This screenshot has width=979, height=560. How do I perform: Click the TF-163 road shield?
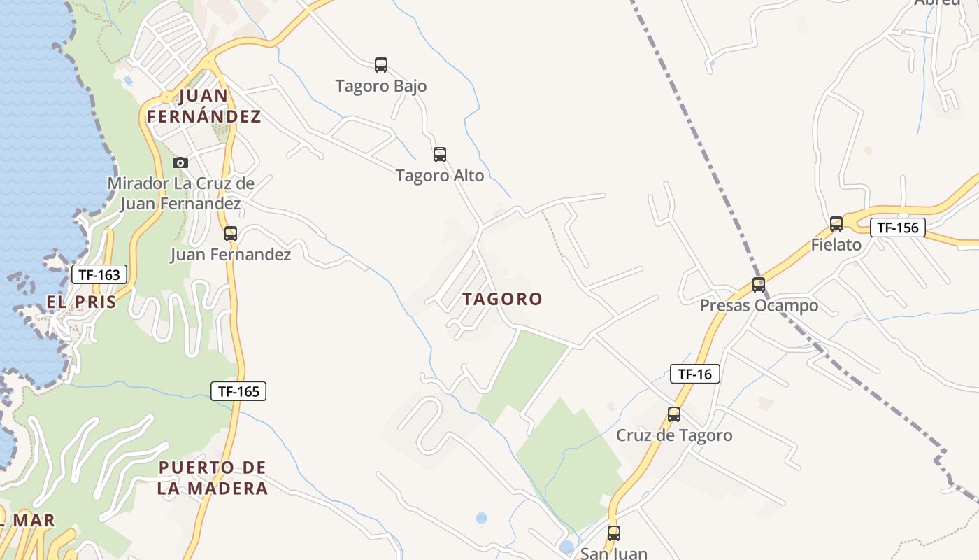click(x=99, y=274)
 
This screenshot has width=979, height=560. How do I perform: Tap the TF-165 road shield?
click(x=238, y=391)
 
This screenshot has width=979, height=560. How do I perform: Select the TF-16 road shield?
click(x=694, y=374)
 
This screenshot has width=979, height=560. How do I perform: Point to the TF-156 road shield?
click(x=898, y=227)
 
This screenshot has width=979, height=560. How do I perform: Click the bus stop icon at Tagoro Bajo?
click(x=381, y=65)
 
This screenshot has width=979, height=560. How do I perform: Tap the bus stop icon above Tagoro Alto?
click(x=440, y=155)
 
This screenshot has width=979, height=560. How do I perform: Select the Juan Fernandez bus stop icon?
click(x=231, y=234)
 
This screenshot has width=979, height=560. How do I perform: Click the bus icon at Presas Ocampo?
click(x=759, y=285)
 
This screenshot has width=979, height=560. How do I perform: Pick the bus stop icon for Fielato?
click(x=836, y=224)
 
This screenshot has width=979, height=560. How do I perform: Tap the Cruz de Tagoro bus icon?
click(x=674, y=414)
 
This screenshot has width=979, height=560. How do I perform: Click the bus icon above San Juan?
click(x=614, y=533)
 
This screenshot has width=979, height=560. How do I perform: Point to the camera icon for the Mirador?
click(x=180, y=162)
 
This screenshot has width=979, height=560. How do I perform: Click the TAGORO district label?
click(x=502, y=299)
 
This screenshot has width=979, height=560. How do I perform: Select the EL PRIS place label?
click(x=81, y=302)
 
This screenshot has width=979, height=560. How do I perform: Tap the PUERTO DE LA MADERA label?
click(x=212, y=477)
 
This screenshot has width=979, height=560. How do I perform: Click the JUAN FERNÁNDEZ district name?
click(x=203, y=106)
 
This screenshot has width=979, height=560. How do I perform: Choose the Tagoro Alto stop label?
click(x=440, y=176)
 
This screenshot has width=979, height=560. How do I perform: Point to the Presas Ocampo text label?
click(x=759, y=306)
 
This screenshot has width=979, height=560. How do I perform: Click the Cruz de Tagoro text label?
click(x=674, y=435)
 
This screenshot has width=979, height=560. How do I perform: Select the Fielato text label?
click(x=836, y=245)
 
